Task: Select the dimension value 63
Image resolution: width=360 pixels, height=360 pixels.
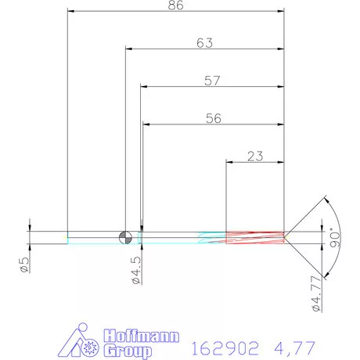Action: coord(204,43)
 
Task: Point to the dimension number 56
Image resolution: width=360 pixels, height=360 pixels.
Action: coord(212,118)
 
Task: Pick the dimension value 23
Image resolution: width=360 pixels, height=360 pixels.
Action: coord(254,156)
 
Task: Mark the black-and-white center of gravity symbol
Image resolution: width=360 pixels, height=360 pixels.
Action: coord(124,236)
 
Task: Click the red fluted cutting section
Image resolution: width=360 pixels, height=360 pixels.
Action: coord(254,236)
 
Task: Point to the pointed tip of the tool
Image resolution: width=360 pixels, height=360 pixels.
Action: coord(286,236)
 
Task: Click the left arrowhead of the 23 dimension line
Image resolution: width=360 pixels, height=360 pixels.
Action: coord(229,162)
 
